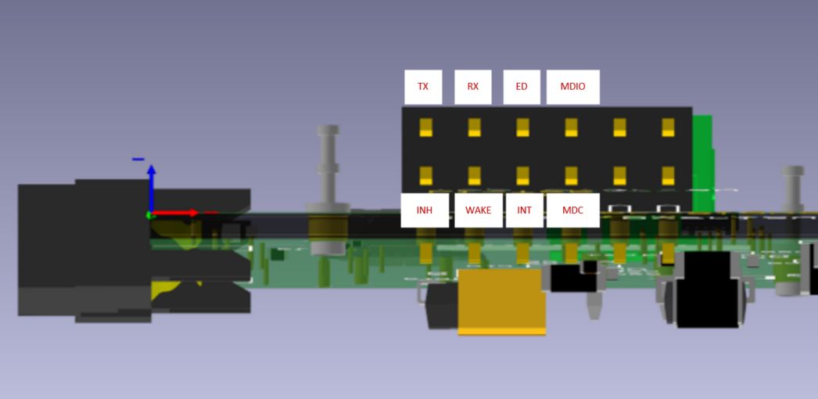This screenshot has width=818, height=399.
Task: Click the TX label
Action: tap(423, 87)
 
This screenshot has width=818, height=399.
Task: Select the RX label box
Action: tap(473, 87)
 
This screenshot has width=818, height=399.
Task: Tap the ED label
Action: tap(522, 87)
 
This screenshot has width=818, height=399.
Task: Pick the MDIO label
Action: tap(573, 87)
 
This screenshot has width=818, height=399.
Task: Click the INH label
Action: tap(425, 210)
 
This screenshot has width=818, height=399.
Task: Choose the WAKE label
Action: tap(479, 210)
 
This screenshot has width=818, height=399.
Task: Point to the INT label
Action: tap(524, 210)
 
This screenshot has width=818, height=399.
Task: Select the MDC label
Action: tap(573, 210)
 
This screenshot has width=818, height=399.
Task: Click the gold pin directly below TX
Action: tap(426, 128)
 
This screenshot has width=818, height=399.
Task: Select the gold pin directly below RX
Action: tap(475, 128)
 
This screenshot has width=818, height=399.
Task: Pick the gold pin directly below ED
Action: tap(523, 128)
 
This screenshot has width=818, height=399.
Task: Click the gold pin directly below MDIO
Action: tap(572, 128)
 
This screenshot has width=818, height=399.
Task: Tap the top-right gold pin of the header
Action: tap(668, 128)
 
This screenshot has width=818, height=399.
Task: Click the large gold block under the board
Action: tap(501, 301)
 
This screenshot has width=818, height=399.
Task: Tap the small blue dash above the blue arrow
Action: tap(138, 160)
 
